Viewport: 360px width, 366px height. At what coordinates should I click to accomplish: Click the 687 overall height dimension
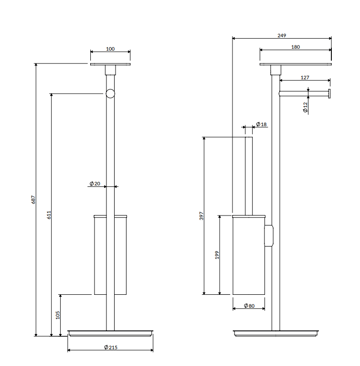[33, 200]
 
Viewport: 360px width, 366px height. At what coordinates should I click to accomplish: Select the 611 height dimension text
[49, 215]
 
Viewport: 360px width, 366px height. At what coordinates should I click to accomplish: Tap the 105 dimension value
[58, 315]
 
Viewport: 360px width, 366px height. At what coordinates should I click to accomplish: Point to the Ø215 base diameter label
[111, 347]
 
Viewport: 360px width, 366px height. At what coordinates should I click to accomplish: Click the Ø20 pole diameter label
[95, 183]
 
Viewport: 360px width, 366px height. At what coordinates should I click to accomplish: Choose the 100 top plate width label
[110, 49]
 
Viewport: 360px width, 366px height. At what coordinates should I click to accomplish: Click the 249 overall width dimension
[282, 35]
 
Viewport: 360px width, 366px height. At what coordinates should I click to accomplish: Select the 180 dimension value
[296, 47]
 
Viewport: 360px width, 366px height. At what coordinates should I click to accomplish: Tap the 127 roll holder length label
[305, 77]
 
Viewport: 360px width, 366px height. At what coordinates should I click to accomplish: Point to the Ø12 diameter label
[305, 108]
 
